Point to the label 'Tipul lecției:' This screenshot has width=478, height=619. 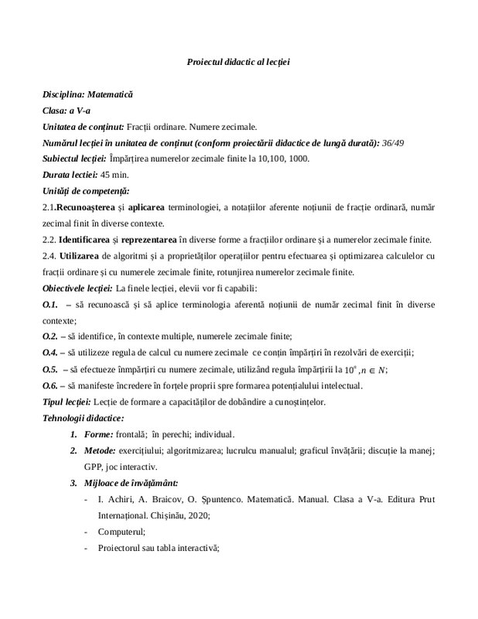tap(66, 402)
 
